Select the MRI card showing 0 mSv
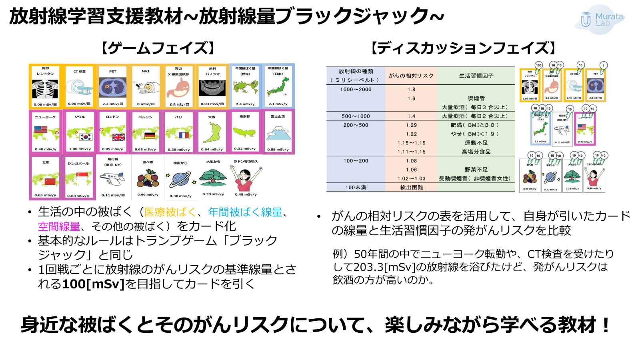(146, 86)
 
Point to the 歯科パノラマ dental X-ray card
(212, 86)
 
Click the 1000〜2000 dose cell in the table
(356, 90)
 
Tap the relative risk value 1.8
(411, 90)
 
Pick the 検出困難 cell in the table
(411, 187)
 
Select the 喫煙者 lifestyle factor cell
(476, 98)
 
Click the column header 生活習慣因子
(476, 76)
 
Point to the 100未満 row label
(356, 187)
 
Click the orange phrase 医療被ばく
(170, 212)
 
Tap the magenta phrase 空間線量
(59, 227)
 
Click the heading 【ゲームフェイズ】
(158, 48)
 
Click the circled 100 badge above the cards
(539, 65)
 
